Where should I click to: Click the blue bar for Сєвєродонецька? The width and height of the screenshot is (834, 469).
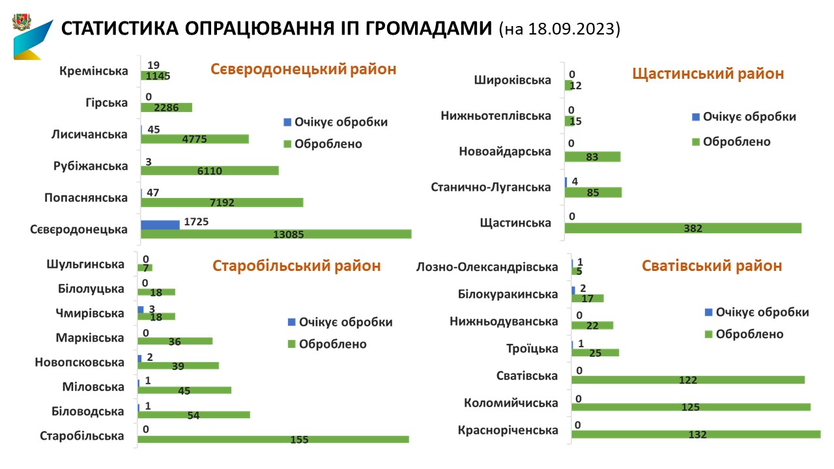160,225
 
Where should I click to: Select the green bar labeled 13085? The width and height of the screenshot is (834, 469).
276,234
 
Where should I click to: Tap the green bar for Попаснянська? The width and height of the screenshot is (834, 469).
222,203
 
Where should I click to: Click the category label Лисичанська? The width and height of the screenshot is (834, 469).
89,134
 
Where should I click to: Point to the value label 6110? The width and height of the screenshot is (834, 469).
210,171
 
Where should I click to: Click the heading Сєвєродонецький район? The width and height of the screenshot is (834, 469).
304,69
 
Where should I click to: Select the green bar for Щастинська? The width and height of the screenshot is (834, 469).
683,228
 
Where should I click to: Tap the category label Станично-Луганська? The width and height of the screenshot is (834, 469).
491,188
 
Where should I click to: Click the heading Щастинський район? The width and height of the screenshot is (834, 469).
708,74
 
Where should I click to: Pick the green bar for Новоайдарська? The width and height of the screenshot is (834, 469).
592,157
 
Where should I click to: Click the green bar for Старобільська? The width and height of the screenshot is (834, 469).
273,440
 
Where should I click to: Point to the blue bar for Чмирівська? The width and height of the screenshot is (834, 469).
141,309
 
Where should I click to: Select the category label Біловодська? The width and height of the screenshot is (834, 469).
88,412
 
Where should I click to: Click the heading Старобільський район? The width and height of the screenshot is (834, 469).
297,266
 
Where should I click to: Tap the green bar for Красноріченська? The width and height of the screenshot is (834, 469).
696,434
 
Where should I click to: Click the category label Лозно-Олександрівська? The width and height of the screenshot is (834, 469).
487,267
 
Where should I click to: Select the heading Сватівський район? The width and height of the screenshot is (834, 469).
712,266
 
